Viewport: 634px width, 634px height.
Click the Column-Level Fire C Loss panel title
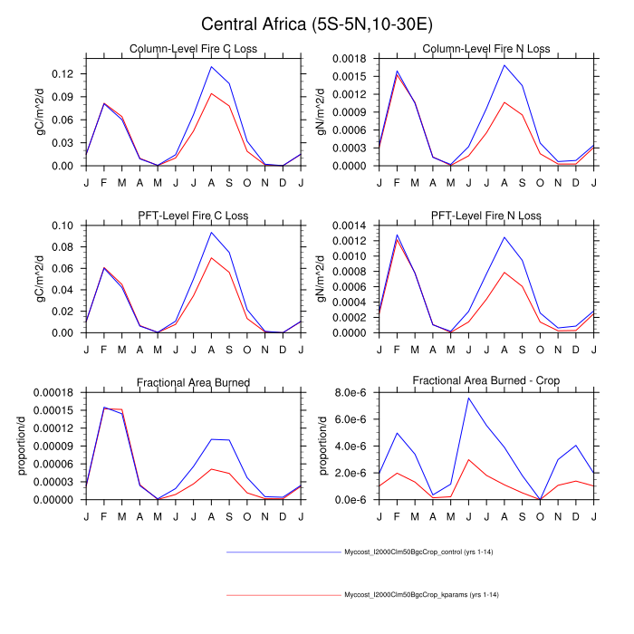coord(194,49)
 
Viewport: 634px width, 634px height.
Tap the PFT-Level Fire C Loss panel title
coord(194,216)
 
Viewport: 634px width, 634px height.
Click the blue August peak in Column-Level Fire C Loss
coord(211,66)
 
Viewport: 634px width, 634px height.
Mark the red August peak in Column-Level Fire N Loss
coord(504,101)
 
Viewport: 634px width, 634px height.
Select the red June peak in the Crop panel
coord(467,459)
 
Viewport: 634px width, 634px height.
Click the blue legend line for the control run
coord(282,551)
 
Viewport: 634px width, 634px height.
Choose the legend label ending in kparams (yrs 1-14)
coord(422,594)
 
